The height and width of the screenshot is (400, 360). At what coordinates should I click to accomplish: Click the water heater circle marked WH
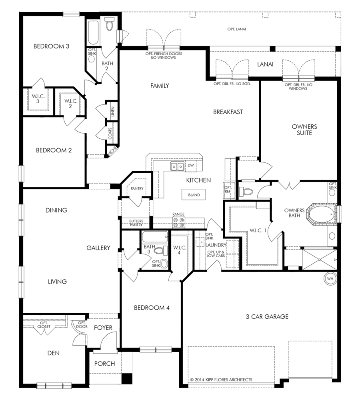(330, 278)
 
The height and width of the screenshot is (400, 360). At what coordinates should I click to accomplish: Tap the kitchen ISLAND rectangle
(194, 195)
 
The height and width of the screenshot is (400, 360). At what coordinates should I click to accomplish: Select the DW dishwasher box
(191, 165)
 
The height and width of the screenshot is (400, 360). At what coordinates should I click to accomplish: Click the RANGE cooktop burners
(178, 222)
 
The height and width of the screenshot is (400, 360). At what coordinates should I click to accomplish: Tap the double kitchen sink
(177, 166)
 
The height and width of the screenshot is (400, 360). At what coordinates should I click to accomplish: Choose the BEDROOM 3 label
(51, 46)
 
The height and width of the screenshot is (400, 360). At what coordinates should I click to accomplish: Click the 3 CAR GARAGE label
(267, 316)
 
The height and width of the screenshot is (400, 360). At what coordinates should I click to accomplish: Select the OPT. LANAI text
(236, 29)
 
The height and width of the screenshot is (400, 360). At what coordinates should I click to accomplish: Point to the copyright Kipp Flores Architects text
(221, 380)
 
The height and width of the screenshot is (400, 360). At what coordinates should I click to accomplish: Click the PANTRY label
(137, 188)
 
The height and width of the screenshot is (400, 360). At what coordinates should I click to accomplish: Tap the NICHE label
(112, 151)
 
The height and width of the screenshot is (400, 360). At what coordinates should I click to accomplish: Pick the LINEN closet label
(113, 112)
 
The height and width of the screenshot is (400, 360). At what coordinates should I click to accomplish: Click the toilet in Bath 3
(160, 250)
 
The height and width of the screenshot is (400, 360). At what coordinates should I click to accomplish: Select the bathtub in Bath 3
(155, 237)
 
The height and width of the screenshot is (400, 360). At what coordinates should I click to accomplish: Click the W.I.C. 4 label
(180, 250)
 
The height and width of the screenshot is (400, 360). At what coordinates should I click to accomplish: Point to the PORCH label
(105, 364)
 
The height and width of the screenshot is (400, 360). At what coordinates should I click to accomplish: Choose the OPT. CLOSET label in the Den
(44, 325)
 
